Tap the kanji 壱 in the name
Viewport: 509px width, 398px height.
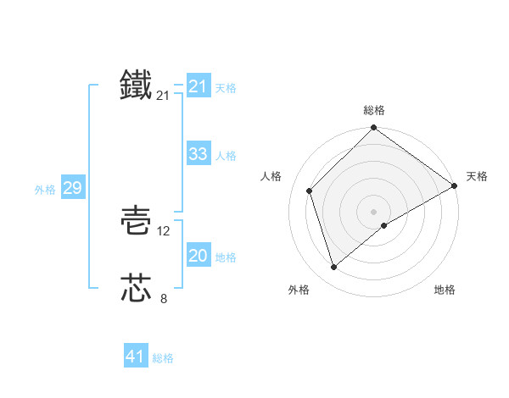(x=136, y=221)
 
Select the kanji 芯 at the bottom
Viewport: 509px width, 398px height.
(x=136, y=288)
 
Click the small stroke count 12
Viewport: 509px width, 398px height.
(x=164, y=230)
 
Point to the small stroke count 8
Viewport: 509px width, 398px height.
(x=164, y=297)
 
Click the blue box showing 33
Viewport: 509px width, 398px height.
(x=198, y=155)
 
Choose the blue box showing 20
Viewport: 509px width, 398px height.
(x=198, y=256)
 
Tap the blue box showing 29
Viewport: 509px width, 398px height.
(x=72, y=188)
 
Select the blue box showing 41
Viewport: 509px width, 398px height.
(x=135, y=357)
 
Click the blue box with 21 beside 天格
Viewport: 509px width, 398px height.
(x=198, y=86)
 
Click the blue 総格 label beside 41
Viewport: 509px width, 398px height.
(x=163, y=358)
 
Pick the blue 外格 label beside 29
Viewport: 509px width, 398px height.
(x=45, y=190)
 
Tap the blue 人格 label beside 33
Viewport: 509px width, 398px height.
(x=226, y=156)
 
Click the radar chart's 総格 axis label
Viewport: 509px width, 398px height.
(x=374, y=110)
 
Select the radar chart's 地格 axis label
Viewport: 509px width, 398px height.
(x=445, y=290)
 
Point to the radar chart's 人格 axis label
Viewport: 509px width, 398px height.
(x=271, y=176)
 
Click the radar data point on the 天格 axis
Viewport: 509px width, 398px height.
(x=455, y=185)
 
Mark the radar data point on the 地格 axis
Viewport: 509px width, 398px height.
(x=384, y=225)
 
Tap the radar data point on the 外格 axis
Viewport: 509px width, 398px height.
(x=333, y=268)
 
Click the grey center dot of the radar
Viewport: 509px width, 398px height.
(x=373, y=211)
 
